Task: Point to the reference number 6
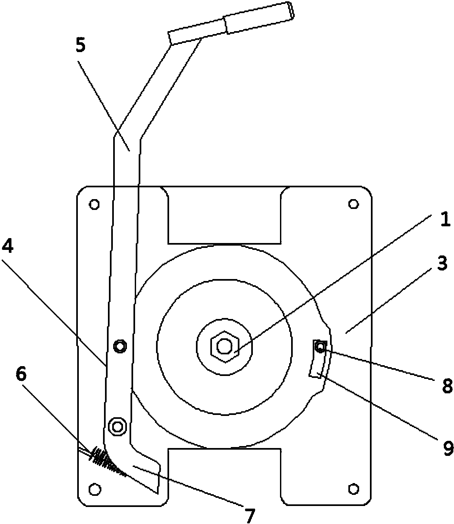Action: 21,374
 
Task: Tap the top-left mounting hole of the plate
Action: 94,204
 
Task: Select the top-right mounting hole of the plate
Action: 353,204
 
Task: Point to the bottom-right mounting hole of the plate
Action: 353,488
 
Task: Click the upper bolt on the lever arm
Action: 120,346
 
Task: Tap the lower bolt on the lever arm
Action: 117,426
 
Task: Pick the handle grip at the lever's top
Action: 231,23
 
